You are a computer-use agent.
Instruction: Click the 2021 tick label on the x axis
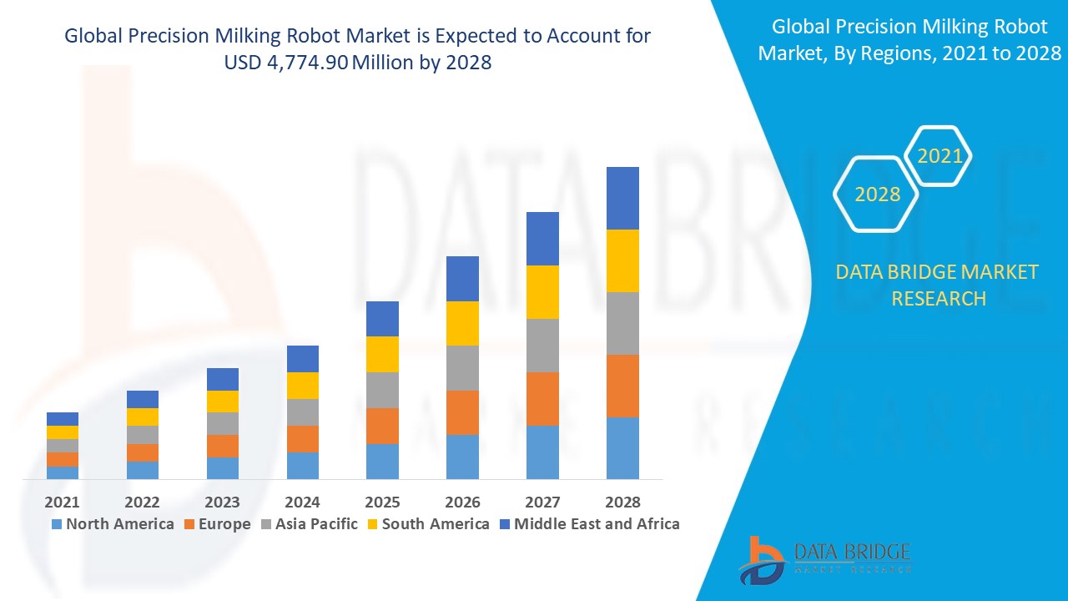pos(62,502)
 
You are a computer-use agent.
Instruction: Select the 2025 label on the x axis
pos(382,502)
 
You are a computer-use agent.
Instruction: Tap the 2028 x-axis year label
pos(622,502)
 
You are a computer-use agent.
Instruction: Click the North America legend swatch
pos(57,524)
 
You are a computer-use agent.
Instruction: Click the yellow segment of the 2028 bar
pos(622,260)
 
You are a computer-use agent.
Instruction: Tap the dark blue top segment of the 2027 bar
pos(542,239)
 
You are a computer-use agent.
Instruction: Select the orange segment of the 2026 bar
pos(462,412)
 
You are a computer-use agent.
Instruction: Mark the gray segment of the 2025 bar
pos(382,390)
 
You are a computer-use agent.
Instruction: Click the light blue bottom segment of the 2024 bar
pos(303,466)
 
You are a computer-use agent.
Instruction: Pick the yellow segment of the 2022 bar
pos(143,417)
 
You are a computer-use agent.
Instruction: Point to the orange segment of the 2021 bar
pos(63,459)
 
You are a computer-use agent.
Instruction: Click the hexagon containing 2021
pos(940,155)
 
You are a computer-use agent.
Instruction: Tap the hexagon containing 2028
pos(877,194)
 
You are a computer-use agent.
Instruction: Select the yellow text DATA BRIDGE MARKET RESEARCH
pos(938,285)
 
